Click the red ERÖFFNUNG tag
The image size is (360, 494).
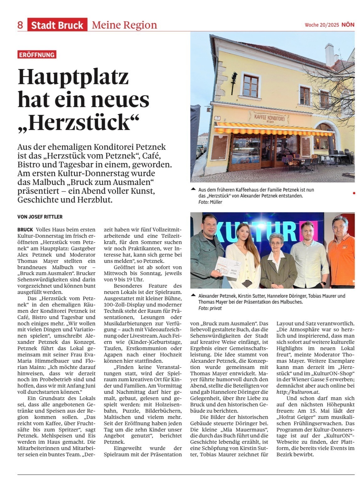coord(37,55)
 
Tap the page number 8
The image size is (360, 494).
coord(20,25)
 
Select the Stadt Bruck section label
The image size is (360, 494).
coord(57,25)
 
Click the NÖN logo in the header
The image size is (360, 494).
coord(348,25)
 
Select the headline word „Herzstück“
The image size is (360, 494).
coord(78,122)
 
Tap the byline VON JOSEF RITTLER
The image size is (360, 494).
coord(40,217)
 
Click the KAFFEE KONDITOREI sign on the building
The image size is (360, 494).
coord(267,118)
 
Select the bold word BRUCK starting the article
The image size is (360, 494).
coord(25,230)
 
